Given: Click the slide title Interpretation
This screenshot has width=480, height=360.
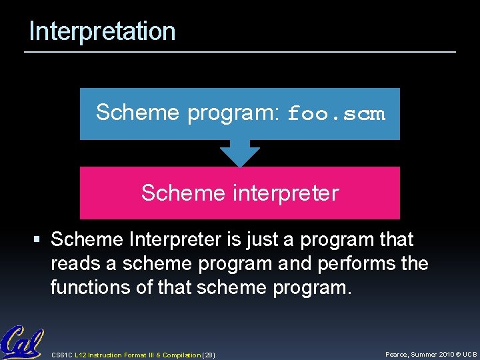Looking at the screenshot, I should point(102,31).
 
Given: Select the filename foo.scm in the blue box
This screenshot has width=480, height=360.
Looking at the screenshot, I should point(336,114).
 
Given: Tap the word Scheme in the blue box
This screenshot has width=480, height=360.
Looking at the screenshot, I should point(138,113).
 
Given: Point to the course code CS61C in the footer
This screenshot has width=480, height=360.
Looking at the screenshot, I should point(62,355).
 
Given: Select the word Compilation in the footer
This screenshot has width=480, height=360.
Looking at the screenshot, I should point(180,355).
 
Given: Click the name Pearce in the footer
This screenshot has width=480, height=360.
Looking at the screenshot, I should point(399,355).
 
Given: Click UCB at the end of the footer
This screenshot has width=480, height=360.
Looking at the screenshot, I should point(470,355).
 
